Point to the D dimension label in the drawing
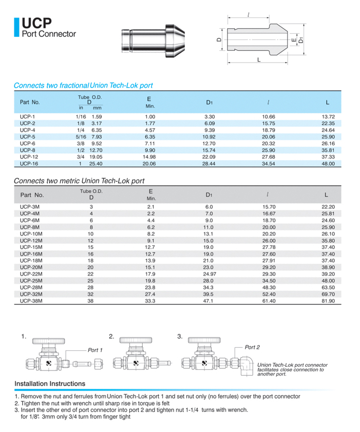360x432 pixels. [219, 40]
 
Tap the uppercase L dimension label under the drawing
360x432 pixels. [259, 60]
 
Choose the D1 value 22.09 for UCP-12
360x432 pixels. [209, 156]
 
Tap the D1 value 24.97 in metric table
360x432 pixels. [209, 274]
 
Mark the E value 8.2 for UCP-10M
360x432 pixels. [151, 233]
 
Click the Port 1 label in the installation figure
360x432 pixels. [95, 350]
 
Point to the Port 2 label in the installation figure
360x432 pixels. [252, 347]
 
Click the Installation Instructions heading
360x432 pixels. [50, 384]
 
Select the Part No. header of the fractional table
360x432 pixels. [30, 102]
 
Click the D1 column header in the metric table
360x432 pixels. [209, 194]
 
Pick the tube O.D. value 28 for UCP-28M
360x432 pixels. [91, 288]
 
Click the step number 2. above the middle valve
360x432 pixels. [111, 337]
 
